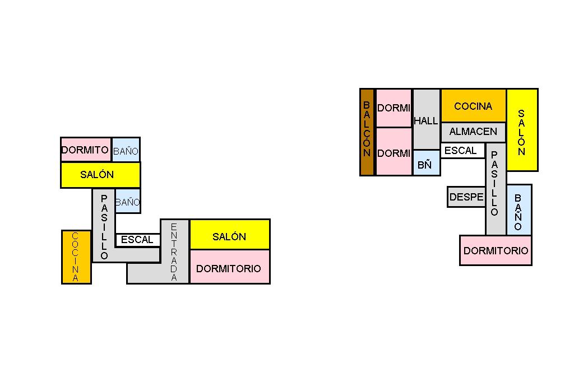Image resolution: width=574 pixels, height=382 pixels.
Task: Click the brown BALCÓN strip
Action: (367, 132)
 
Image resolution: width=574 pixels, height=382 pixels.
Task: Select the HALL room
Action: (427, 119)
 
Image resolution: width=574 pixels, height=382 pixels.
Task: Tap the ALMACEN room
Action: (473, 132)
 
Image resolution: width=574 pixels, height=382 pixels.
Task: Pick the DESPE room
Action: (466, 197)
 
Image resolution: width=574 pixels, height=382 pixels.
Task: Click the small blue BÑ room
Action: (427, 163)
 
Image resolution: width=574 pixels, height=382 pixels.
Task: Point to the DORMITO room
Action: (86, 150)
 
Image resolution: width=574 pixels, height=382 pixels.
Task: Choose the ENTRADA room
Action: (174, 251)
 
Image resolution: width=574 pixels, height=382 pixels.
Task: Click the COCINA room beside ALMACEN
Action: (473, 105)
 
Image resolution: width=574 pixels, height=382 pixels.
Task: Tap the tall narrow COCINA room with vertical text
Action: (76, 257)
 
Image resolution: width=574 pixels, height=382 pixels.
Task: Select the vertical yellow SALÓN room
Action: (522, 130)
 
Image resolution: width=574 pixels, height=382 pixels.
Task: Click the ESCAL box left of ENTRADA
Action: (137, 240)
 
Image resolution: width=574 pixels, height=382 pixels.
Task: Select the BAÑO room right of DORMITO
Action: (126, 150)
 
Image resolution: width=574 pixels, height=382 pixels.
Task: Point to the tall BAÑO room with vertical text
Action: (519, 209)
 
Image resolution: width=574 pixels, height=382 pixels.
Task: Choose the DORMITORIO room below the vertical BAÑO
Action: (496, 250)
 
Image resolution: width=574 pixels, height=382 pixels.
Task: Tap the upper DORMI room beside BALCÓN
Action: (394, 108)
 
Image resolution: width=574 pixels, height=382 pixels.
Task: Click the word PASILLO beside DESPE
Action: (494, 183)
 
